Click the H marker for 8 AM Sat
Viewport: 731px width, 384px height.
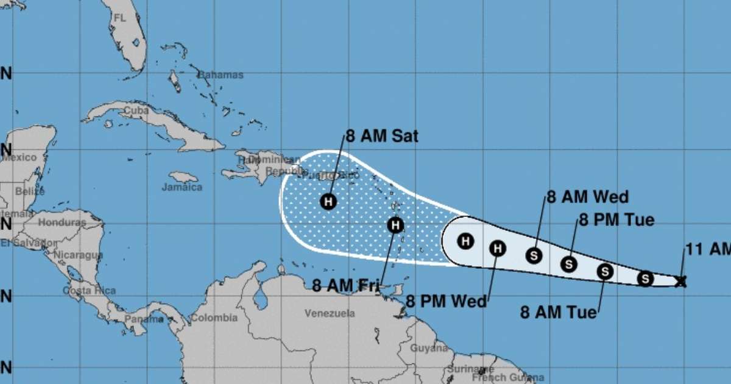pos(328,201)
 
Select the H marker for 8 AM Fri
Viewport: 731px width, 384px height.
pos(395,225)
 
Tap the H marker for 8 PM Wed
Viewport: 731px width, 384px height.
pos(498,247)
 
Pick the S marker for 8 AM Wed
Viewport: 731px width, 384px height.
pos(534,255)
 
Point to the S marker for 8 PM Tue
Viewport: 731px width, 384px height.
pos(569,264)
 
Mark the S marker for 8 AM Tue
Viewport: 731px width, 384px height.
pos(605,271)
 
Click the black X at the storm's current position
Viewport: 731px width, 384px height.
pos(681,281)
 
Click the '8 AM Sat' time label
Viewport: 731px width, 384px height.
pos(382,136)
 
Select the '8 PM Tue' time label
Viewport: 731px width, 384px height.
pos(616,220)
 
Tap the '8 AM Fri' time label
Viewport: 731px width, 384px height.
pos(345,285)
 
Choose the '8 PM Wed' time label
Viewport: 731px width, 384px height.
pos(447,301)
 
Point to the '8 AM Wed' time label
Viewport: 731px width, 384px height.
pos(587,197)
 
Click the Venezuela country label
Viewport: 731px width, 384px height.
pos(330,313)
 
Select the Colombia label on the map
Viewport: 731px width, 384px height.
pos(214,318)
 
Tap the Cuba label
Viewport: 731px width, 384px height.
pos(136,111)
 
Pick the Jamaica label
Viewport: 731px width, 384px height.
pos(182,187)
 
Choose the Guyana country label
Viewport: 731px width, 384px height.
pos(429,348)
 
